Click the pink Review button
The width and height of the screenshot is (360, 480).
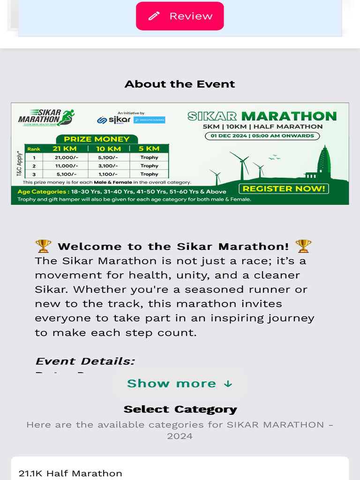180,16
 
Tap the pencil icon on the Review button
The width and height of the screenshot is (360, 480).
154,16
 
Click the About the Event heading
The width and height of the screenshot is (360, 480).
180,84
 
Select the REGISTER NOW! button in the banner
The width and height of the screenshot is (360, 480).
284,188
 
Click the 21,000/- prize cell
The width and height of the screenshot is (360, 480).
63,157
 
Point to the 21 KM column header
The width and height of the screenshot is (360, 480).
64,149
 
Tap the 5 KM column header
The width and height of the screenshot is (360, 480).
150,149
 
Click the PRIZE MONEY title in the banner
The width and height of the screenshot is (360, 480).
97,139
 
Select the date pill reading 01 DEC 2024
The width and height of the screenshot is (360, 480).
262,136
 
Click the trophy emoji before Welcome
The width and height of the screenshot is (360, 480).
43,246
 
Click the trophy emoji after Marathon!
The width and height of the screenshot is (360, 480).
303,246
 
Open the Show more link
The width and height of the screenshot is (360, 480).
180,383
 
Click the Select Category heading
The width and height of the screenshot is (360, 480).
180,409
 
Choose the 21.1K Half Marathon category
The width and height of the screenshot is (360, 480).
70,473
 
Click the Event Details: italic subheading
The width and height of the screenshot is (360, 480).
85,361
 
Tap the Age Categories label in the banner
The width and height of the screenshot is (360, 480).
43,192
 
